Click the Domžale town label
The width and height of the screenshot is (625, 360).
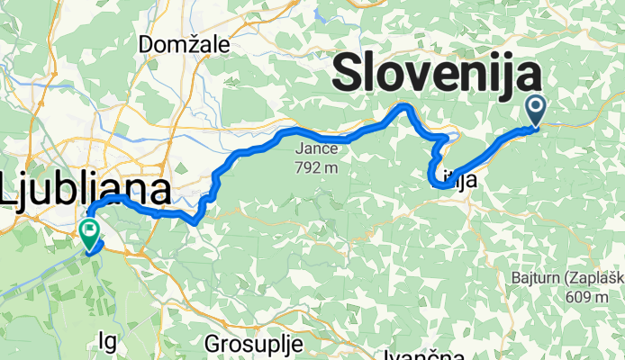point(185,43)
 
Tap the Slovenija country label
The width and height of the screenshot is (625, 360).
point(438,75)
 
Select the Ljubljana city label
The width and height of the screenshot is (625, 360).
point(86,191)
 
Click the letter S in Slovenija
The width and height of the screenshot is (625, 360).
point(350,75)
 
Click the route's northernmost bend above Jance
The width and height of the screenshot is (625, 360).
point(405,106)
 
